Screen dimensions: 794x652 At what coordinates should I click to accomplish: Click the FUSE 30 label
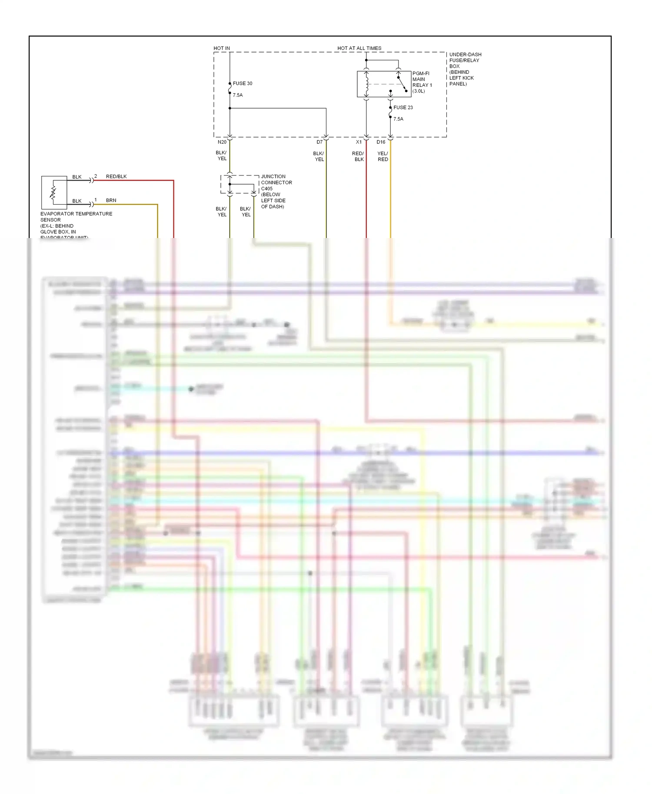(242, 83)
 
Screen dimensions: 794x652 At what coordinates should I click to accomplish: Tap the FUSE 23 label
(403, 107)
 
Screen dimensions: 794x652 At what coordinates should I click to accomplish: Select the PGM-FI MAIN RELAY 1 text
(422, 82)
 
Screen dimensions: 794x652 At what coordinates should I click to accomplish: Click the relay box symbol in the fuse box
(383, 84)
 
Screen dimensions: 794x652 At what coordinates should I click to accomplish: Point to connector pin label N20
(222, 142)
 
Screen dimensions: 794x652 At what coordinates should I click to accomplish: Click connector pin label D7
(319, 142)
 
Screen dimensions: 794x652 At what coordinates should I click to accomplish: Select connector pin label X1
(359, 142)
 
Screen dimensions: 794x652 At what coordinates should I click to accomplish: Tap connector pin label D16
(381, 142)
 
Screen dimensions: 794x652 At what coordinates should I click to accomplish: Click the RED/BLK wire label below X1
(358, 156)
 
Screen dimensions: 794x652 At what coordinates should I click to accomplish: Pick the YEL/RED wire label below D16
(383, 156)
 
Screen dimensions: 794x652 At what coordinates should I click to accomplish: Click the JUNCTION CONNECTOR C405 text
(276, 182)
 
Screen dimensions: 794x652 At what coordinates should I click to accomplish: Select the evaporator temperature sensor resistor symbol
(53, 193)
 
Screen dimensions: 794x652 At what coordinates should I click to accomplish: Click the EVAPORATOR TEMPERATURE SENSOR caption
(76, 217)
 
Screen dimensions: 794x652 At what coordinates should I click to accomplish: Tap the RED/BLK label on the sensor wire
(116, 176)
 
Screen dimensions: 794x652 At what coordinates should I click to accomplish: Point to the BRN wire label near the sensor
(111, 200)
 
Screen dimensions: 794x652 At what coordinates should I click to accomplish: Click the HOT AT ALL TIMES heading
(359, 48)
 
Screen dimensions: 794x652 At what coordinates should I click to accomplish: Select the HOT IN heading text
(222, 48)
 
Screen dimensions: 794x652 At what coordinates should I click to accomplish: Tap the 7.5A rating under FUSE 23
(398, 119)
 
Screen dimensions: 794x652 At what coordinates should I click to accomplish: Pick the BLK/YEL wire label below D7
(319, 156)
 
